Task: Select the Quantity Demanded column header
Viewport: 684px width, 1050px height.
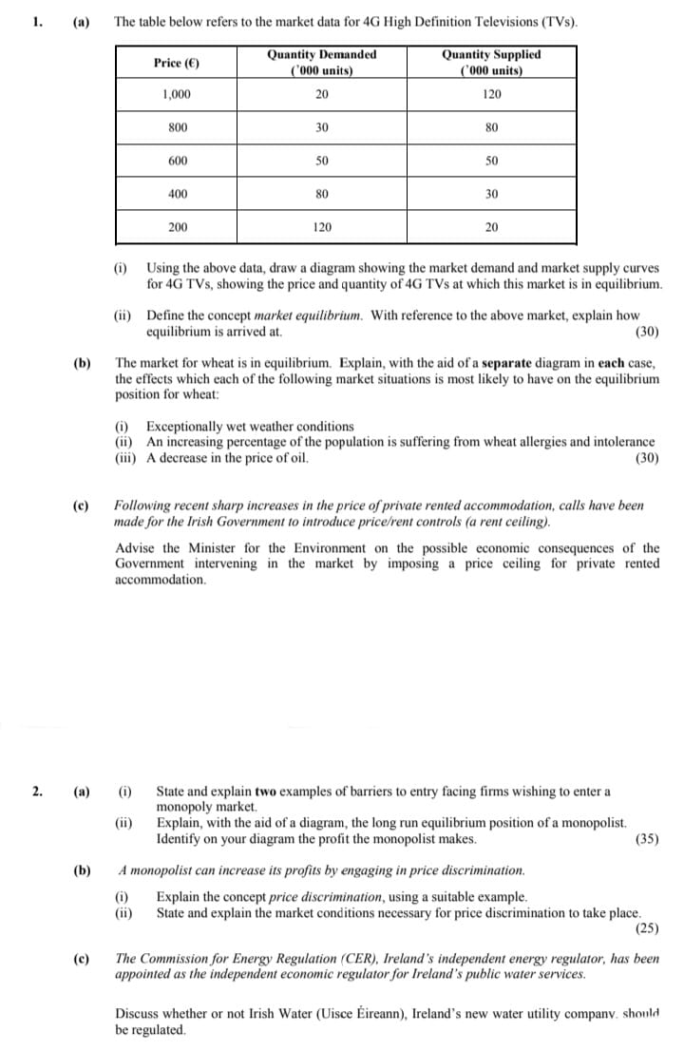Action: coord(321,63)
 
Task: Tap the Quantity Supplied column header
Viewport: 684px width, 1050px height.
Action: coord(491,63)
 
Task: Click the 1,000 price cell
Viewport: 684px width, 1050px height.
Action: coord(177,94)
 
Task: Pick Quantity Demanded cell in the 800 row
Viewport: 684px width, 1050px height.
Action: coord(321,127)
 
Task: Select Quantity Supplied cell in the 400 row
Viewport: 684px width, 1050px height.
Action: coord(491,194)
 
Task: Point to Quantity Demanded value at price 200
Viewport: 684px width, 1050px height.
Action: coord(321,227)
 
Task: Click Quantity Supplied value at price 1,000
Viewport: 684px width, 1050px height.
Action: coord(491,94)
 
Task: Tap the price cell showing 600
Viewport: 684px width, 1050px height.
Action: coord(177,161)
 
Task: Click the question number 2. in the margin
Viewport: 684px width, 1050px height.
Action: coord(35,791)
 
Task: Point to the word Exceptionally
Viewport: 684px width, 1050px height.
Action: coord(187,427)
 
